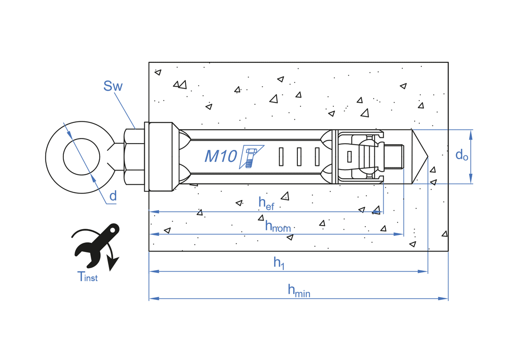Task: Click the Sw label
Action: (x=113, y=86)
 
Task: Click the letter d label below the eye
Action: (x=113, y=196)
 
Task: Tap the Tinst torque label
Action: (x=87, y=276)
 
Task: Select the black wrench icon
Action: (x=97, y=245)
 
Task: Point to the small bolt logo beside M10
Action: (x=251, y=157)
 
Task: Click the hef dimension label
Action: (x=266, y=203)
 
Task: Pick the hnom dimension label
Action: (x=278, y=226)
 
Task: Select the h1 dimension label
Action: (x=279, y=263)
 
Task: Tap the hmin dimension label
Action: (x=299, y=291)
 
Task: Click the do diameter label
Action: (x=461, y=155)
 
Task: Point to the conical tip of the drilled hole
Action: (x=420, y=156)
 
